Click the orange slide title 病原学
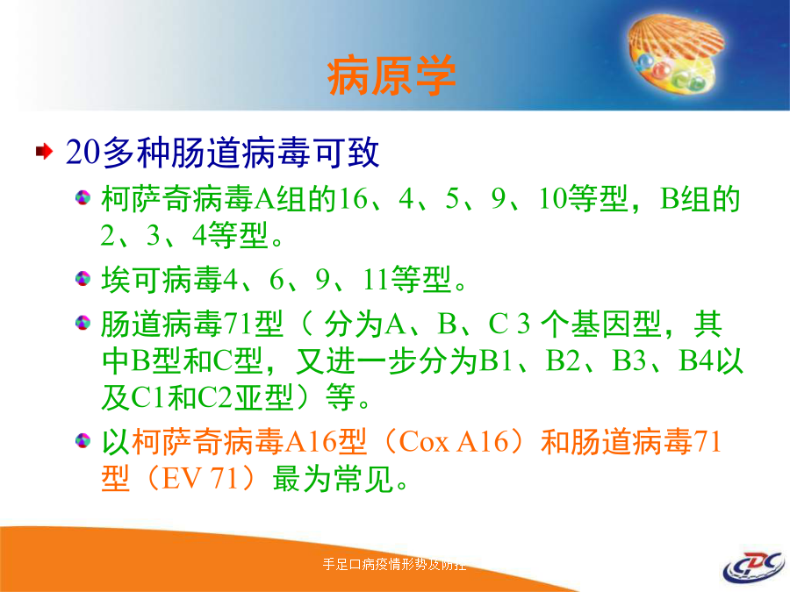point(391,76)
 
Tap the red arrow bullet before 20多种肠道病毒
point(45,151)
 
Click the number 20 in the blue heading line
point(83,152)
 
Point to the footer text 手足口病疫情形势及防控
point(394,564)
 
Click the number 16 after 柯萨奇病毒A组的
point(353,199)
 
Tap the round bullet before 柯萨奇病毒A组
point(83,197)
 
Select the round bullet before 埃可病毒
point(83,278)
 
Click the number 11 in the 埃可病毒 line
point(376,280)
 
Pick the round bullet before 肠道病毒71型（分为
point(83,322)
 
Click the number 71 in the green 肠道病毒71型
point(238,324)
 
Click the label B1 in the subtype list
point(496,360)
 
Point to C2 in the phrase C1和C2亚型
point(215,397)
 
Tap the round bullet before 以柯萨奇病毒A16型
point(83,441)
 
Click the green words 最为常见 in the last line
point(333,478)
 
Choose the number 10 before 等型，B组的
point(553,199)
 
